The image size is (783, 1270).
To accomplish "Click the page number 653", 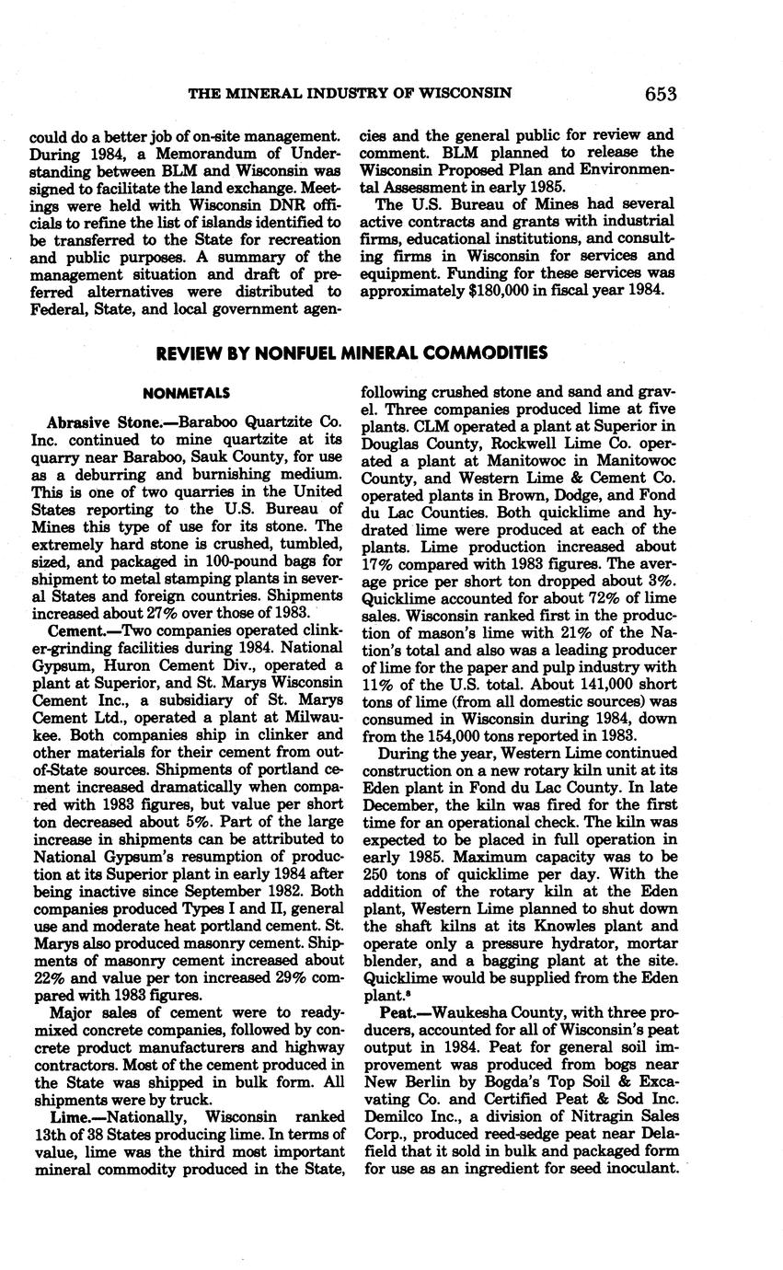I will (661, 94).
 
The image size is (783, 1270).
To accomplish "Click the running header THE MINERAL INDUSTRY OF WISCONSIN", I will (351, 94).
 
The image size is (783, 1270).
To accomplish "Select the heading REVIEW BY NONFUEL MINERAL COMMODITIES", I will (351, 353).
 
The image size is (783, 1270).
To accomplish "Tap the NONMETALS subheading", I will (187, 393).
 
